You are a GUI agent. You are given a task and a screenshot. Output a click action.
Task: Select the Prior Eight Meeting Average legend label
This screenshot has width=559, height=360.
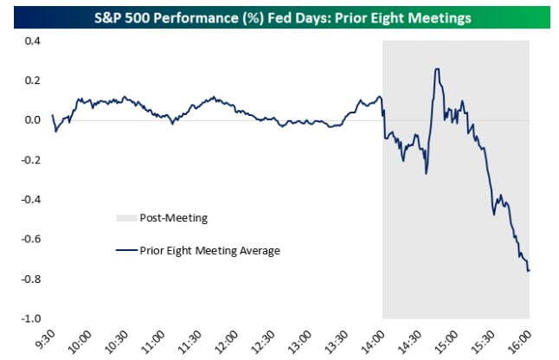click(x=210, y=251)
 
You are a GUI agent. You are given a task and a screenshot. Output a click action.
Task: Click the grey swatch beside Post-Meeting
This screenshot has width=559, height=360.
click(x=125, y=218)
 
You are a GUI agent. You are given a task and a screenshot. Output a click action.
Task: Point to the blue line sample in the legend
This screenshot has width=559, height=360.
click(x=125, y=251)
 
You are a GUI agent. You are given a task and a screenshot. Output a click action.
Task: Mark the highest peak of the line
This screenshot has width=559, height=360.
click(x=438, y=69)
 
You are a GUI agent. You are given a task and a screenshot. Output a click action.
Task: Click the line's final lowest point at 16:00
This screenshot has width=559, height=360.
click(x=529, y=271)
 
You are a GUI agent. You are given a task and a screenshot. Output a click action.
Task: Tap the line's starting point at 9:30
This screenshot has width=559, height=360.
click(x=52, y=115)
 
